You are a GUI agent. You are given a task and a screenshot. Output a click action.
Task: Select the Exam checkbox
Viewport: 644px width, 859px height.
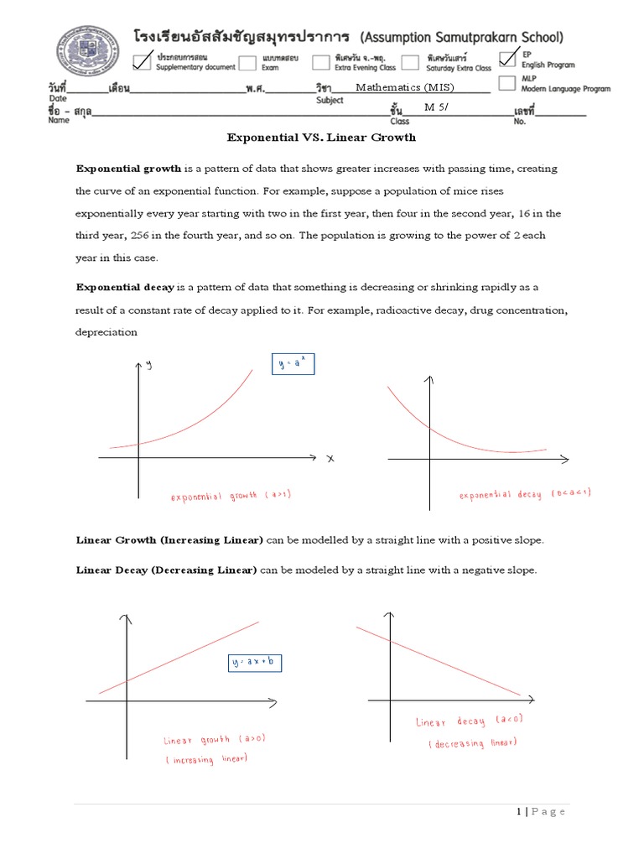248,61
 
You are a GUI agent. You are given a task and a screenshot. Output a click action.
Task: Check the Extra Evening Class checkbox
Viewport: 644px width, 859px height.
321,61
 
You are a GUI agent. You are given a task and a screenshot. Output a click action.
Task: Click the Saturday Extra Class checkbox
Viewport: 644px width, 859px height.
409,61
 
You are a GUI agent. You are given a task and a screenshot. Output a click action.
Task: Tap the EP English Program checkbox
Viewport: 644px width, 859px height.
507,57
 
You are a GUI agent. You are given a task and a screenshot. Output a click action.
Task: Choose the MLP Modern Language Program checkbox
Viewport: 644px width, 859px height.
506,82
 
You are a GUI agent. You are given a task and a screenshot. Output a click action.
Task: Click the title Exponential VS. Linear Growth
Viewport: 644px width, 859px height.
322,137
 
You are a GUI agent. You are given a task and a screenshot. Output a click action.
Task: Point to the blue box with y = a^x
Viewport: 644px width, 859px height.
293,364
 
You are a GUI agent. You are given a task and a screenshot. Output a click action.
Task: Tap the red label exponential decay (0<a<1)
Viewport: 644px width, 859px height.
525,494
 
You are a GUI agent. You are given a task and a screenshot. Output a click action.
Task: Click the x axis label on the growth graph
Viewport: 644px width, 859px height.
330,458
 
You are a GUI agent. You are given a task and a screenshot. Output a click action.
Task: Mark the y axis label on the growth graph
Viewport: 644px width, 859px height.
149,363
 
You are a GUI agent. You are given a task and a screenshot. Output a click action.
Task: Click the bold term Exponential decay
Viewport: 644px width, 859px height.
125,287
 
